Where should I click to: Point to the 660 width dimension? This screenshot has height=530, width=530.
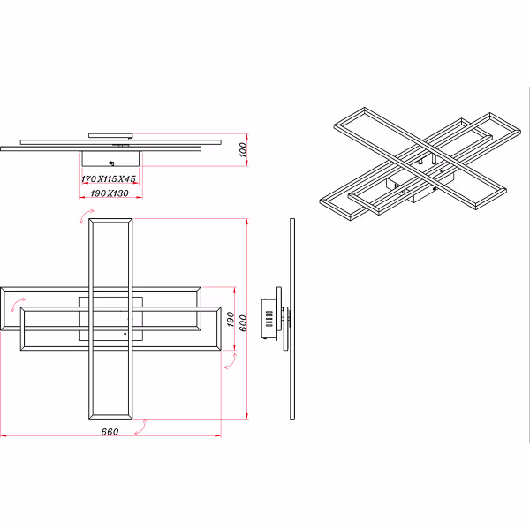(x=110, y=431)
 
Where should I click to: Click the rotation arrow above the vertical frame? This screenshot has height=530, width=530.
(x=86, y=216)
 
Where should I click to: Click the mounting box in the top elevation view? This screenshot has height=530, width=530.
(x=110, y=159)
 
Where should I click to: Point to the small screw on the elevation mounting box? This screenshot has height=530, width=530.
(x=110, y=163)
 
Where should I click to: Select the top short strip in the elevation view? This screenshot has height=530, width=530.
(x=110, y=135)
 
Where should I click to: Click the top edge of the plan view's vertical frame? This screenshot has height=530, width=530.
(x=111, y=220)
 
